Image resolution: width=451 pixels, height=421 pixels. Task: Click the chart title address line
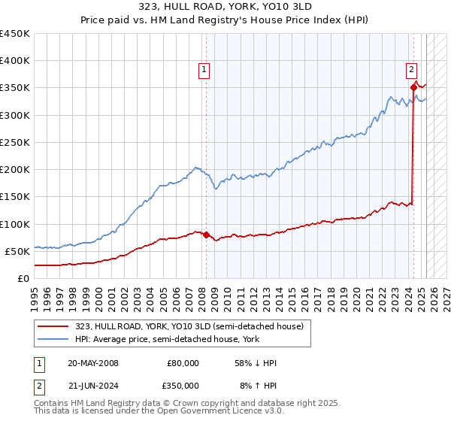click(x=225, y=6)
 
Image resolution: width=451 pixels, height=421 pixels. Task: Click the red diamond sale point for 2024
click(x=413, y=87)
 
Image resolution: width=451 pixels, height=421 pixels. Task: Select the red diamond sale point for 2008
click(x=207, y=235)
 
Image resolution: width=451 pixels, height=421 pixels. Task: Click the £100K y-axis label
click(x=14, y=224)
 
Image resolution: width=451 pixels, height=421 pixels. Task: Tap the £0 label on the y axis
click(x=23, y=278)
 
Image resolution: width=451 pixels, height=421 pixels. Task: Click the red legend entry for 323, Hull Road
click(x=189, y=326)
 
